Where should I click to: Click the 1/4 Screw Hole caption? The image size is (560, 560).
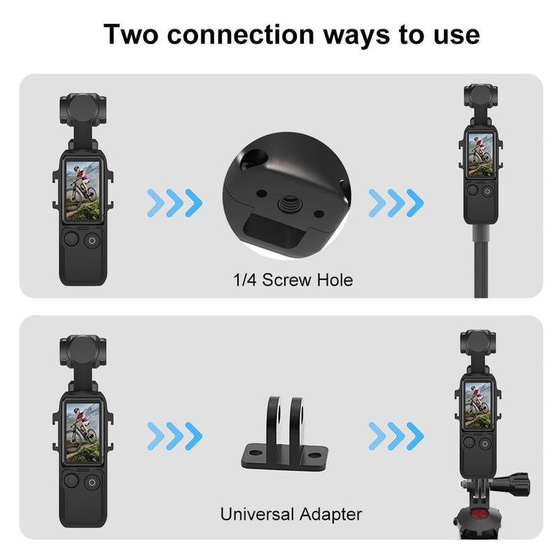(x=293, y=281)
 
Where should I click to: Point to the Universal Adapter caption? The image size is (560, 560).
(x=291, y=514)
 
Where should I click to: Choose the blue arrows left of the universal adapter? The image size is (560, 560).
(x=174, y=437)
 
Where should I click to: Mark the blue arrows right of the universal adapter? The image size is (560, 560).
(x=396, y=437)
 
